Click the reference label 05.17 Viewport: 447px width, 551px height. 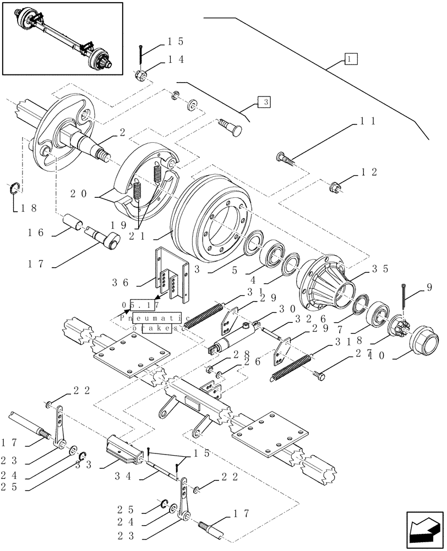pyautogui.click(x=141, y=305)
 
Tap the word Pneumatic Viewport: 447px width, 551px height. pyautogui.click(x=155, y=318)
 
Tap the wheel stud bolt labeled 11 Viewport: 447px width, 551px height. pyautogui.click(x=285, y=160)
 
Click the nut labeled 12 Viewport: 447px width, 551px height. pyautogui.click(x=336, y=187)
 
